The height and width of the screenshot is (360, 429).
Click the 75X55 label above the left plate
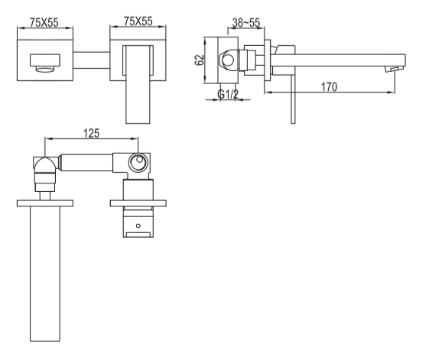tap(44, 23)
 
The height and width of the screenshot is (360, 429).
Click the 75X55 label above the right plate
tap(138, 21)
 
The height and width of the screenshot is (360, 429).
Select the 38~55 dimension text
tap(246, 23)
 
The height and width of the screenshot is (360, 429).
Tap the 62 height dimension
tap(200, 60)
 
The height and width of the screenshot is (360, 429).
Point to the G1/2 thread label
tap(228, 94)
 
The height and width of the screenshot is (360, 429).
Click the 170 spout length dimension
tap(329, 87)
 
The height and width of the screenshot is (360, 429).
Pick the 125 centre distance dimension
tap(91, 133)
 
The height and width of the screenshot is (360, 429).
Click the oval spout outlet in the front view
tap(44, 70)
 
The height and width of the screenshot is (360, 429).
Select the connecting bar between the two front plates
tap(91, 60)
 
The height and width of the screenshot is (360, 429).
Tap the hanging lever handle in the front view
tap(138, 85)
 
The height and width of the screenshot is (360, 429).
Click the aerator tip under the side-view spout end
tap(392, 70)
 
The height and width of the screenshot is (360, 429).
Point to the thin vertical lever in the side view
tap(293, 99)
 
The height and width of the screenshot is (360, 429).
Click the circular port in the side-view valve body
tap(228, 60)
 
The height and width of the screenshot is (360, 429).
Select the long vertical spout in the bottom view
tap(45, 274)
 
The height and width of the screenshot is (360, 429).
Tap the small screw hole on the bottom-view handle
tap(138, 225)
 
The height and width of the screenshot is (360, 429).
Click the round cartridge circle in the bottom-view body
tap(138, 163)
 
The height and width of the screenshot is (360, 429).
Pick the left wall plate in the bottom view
tap(45, 203)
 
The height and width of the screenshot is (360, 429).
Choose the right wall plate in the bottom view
tap(138, 203)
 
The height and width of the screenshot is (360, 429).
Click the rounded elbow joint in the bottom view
tap(45, 165)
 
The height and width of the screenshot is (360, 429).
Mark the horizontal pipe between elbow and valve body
tap(86, 163)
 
